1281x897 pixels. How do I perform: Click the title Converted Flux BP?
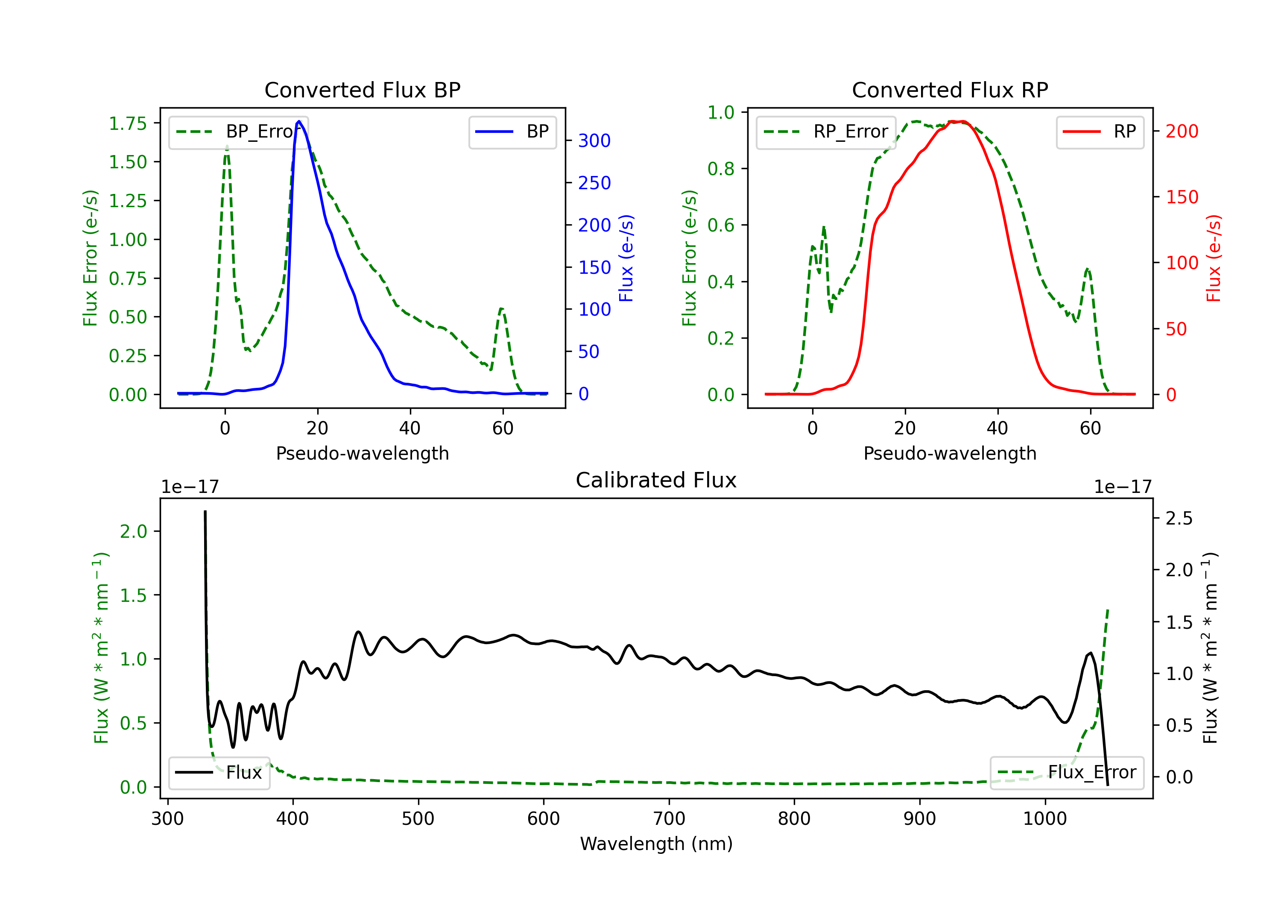pyautogui.click(x=362, y=90)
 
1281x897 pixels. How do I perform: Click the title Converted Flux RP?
pyautogui.click(x=950, y=90)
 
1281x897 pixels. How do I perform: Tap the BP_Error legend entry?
pyautogui.click(x=238, y=132)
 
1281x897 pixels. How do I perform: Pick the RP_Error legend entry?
pyautogui.click(x=826, y=132)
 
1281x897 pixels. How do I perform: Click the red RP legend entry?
pyautogui.click(x=1100, y=132)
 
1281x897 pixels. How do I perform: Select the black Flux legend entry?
pyautogui.click(x=219, y=773)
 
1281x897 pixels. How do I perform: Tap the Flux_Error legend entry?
pyautogui.click(x=1066, y=773)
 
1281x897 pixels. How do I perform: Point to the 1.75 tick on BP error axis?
pyautogui.click(x=127, y=123)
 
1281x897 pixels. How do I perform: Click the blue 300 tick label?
pyautogui.click(x=594, y=141)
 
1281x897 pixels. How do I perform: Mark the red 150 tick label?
pyautogui.click(x=1182, y=197)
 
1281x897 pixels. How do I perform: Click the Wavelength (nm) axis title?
pyautogui.click(x=656, y=844)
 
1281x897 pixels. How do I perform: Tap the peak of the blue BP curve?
pyautogui.click(x=299, y=121)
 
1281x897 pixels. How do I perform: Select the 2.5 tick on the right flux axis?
pyautogui.click(x=1179, y=518)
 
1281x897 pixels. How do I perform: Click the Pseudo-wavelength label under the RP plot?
pyautogui.click(x=950, y=453)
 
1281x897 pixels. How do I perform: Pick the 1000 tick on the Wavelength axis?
pyautogui.click(x=1044, y=819)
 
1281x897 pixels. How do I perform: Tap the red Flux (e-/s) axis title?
pyautogui.click(x=1214, y=258)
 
